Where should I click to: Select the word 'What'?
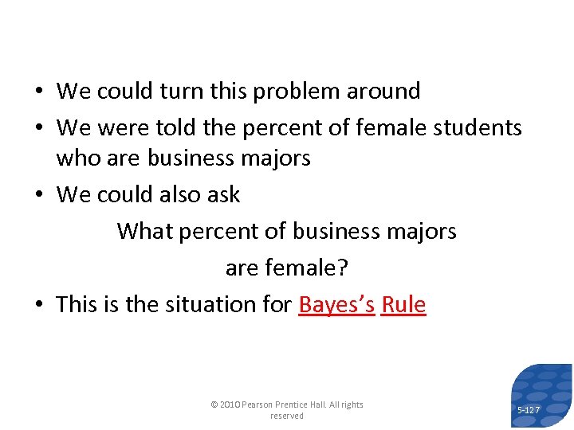click(x=145, y=232)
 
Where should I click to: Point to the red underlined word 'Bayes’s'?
click(x=336, y=305)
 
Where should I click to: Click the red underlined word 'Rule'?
click(x=403, y=305)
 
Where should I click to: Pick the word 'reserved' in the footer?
click(x=287, y=416)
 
